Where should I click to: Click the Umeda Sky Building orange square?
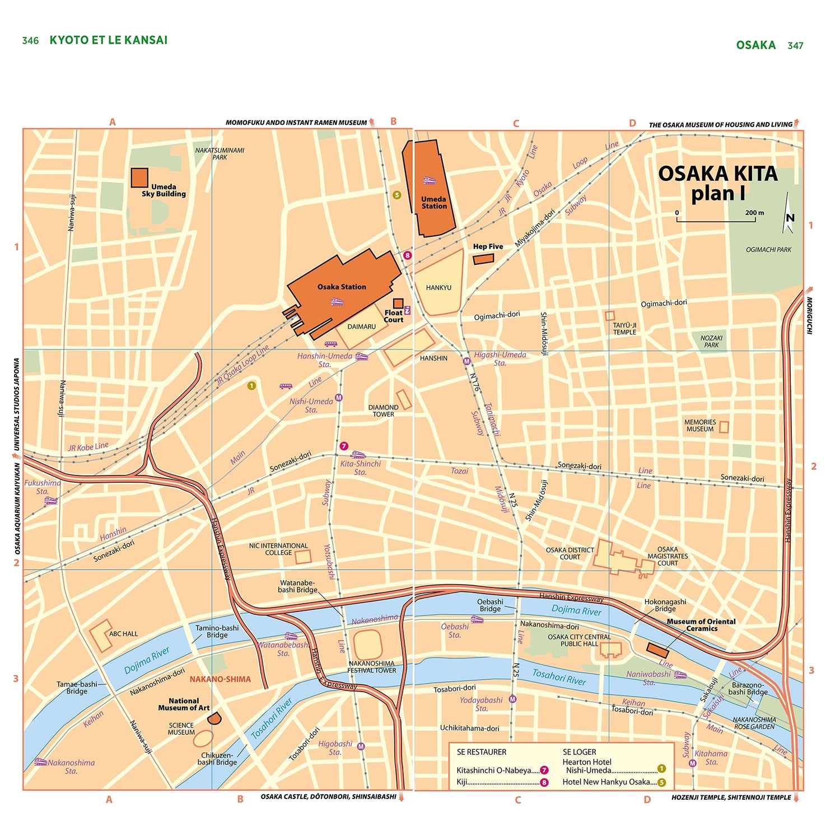(139, 178)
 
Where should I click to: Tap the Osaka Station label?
(342, 287)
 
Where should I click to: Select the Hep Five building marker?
(483, 259)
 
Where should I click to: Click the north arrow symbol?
(788, 214)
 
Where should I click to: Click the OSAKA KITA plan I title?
(717, 183)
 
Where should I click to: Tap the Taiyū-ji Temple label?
(624, 329)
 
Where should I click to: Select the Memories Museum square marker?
(724, 427)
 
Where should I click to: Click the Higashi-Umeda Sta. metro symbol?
(466, 361)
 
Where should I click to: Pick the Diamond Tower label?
(384, 411)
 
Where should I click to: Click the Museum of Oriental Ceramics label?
(701, 625)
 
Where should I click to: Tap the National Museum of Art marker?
(214, 718)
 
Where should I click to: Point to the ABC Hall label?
(123, 634)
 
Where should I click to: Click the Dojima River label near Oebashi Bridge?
(576, 610)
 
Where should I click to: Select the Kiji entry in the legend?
(463, 782)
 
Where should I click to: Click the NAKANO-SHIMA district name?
(220, 679)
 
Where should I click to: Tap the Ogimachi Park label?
(768, 250)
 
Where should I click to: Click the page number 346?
(30, 40)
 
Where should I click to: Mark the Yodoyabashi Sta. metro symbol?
(512, 699)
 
